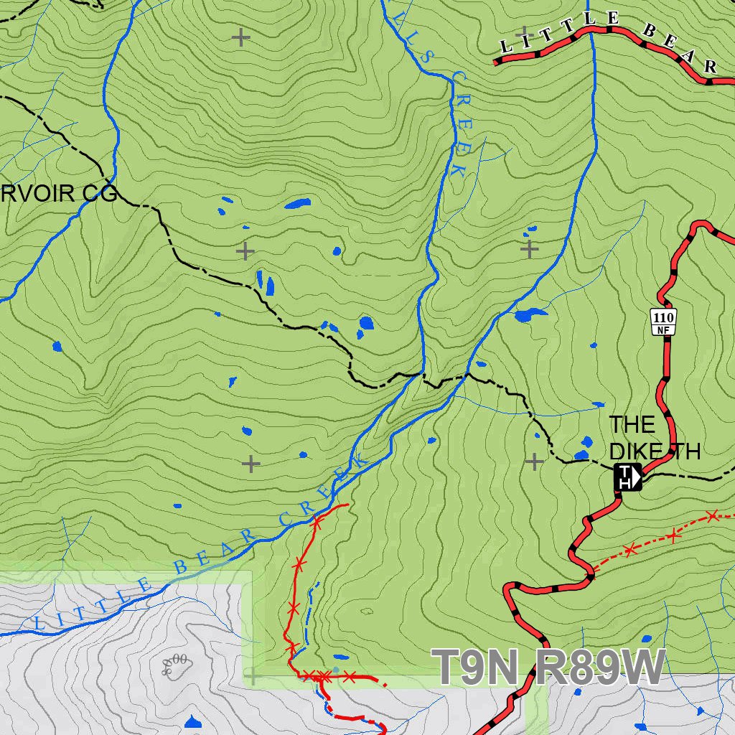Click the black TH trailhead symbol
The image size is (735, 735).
627,477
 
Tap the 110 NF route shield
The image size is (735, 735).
664,322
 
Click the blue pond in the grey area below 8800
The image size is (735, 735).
192,722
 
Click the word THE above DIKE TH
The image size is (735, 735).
632,425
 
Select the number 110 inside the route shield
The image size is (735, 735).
664,317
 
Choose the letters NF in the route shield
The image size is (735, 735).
664,329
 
